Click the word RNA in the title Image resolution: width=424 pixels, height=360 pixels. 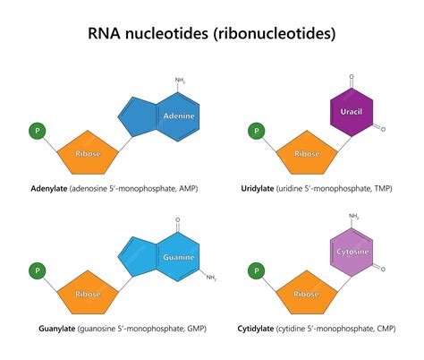111,35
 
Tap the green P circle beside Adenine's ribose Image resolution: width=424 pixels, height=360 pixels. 38,131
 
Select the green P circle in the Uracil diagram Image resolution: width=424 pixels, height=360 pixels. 256,131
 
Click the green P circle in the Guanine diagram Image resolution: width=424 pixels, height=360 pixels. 38,269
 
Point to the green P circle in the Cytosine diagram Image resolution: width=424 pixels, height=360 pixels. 256,270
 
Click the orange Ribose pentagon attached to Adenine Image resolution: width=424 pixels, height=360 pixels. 87,155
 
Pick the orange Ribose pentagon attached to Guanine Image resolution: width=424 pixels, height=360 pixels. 87,294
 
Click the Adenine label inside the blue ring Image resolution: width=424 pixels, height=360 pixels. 179,116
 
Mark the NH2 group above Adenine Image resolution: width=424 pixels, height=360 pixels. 180,81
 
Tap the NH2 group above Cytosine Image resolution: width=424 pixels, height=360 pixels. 353,216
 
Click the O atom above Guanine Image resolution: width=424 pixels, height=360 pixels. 178,219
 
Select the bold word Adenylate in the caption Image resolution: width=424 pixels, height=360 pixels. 49,189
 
